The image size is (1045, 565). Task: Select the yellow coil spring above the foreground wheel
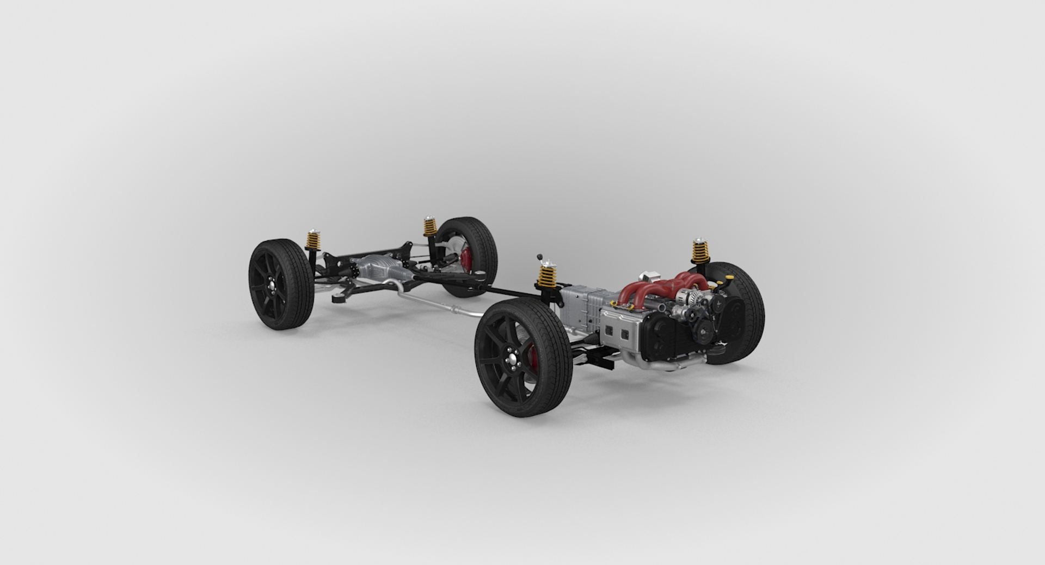[x=547, y=276]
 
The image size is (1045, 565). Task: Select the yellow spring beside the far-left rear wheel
[x=313, y=239]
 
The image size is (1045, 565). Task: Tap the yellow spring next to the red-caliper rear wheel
[x=430, y=226]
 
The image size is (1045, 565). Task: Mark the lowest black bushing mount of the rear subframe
[x=339, y=297]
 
